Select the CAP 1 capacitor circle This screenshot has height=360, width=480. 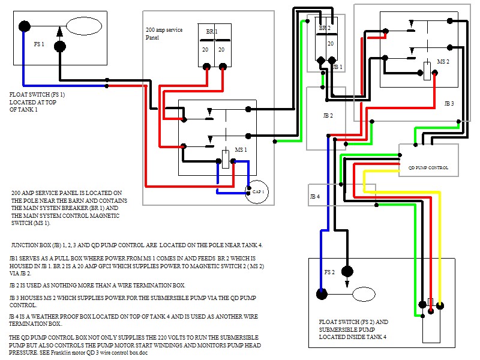257,191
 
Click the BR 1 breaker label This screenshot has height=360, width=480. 212,31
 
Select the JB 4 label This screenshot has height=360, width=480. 314,196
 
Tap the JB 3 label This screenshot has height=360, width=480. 449,104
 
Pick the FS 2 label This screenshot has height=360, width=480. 329,271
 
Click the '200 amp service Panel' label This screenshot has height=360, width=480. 164,33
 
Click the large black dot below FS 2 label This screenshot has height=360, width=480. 322,293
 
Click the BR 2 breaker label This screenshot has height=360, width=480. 324,28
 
